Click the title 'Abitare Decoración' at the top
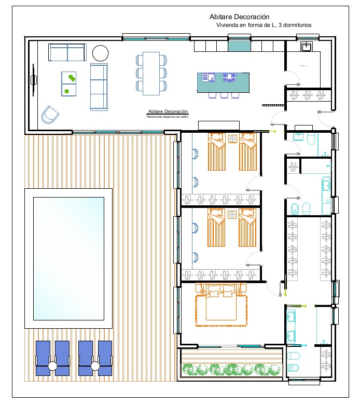click(239, 17)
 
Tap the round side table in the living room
click(100, 52)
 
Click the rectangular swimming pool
click(68, 258)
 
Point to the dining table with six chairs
click(151, 73)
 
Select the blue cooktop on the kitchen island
click(229, 78)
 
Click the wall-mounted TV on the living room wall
click(34, 80)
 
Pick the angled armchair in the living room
click(50, 115)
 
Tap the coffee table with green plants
click(69, 85)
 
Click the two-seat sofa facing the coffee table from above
click(67, 52)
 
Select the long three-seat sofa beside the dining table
click(98, 87)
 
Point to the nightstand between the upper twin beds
click(232, 138)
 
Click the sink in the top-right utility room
click(306, 47)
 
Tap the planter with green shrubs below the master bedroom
click(231, 369)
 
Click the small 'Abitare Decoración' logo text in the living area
click(168, 112)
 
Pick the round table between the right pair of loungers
click(95, 366)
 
